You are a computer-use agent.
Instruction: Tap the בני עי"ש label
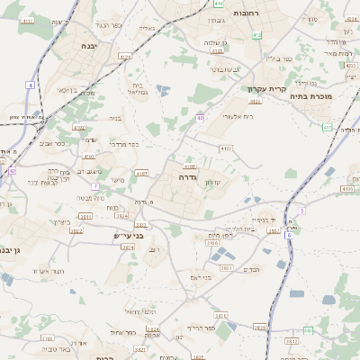tap(138, 236)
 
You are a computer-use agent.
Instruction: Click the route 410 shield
tap(220, 4)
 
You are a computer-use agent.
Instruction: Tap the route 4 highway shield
tap(30, 85)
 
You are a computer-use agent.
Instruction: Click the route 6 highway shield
tap(289, 235)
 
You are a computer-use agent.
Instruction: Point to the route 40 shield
tap(200, 118)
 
